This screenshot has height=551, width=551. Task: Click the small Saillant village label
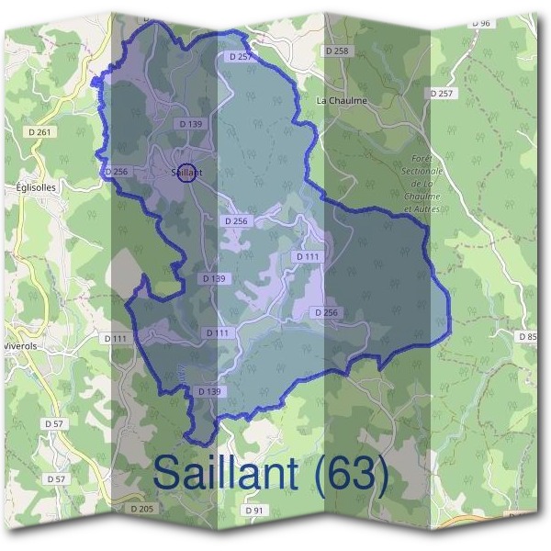click(186, 173)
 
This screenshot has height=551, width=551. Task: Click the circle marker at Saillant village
click(186, 173)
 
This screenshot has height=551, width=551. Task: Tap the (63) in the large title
click(348, 474)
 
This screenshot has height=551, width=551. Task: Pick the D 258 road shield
click(337, 51)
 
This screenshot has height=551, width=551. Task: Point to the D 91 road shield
click(254, 510)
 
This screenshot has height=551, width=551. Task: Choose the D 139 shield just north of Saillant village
click(191, 123)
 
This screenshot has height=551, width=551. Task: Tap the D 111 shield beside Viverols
click(116, 339)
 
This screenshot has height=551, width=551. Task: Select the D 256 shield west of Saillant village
click(117, 172)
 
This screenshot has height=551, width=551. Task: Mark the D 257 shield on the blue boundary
click(237, 57)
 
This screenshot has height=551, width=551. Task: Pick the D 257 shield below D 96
click(441, 94)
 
